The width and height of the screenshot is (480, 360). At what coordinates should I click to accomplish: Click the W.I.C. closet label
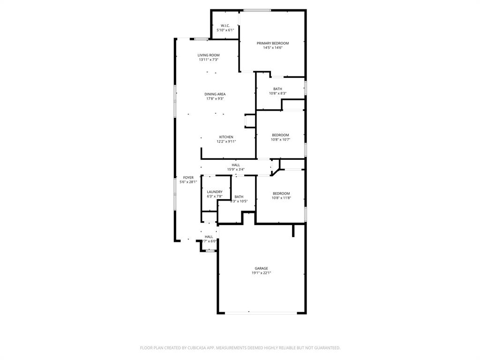[225, 25]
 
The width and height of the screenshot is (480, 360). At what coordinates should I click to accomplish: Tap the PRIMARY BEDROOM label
[272, 43]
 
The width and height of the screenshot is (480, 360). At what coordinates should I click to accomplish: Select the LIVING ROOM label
[208, 55]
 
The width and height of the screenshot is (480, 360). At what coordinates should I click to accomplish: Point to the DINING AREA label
[215, 94]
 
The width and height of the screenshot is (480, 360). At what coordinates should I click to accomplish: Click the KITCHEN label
[226, 137]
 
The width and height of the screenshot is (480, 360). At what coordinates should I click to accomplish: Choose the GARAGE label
[262, 269]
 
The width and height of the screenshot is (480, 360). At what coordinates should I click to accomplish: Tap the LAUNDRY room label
[215, 192]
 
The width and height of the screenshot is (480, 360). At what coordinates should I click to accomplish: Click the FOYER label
[188, 178]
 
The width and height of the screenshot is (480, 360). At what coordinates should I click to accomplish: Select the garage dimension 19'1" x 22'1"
[262, 273]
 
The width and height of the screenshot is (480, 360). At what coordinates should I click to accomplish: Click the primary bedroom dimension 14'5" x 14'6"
[272, 47]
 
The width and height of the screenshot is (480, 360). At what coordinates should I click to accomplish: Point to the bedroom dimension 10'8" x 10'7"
[280, 139]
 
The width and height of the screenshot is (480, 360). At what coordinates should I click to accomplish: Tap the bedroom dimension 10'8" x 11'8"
[281, 198]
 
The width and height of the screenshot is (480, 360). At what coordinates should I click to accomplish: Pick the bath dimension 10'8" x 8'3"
[277, 93]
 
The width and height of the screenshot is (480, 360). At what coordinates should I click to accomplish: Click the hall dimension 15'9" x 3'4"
[235, 169]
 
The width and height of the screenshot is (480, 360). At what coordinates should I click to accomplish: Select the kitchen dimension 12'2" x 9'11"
[226, 142]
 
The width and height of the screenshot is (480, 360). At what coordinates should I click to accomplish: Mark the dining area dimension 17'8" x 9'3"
[215, 98]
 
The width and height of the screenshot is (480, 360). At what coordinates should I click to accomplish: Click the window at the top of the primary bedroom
[257, 10]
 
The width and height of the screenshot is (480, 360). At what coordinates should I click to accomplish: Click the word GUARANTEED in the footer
[325, 348]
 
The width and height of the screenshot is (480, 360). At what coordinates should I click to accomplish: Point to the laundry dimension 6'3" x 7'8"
[215, 196]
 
